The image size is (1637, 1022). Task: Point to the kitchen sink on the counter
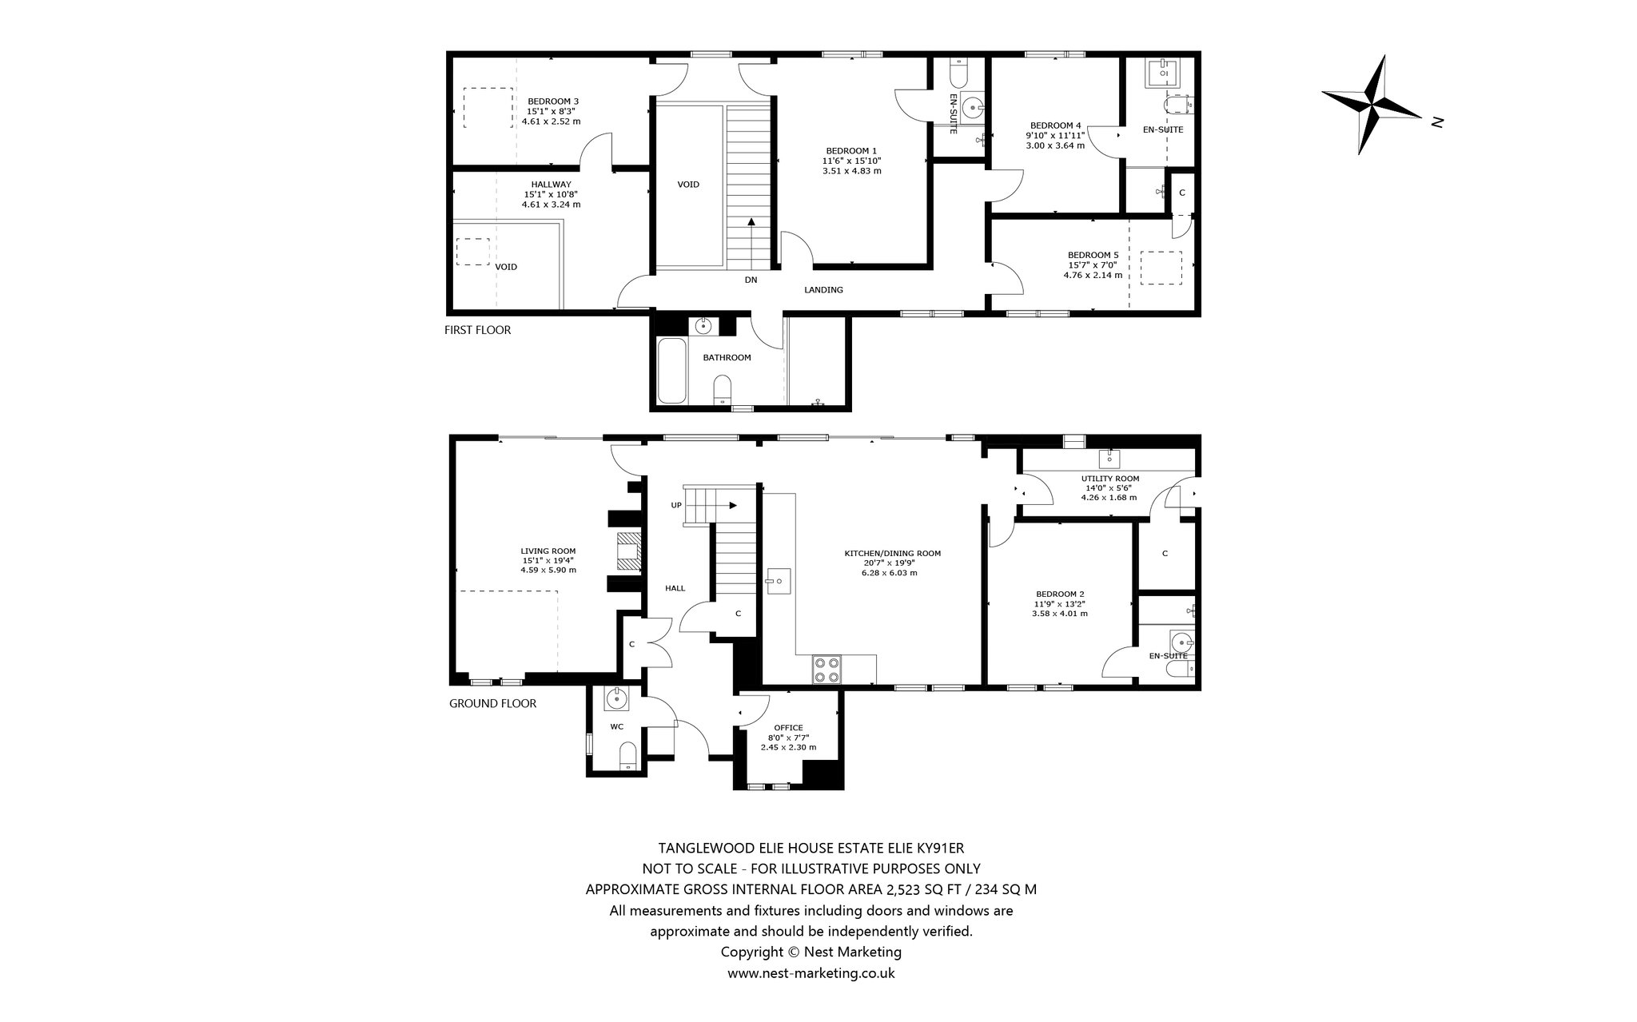click(778, 581)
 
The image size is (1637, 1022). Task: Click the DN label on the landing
click(751, 280)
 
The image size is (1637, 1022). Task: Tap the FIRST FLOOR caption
click(477, 330)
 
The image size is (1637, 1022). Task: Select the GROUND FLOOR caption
click(492, 703)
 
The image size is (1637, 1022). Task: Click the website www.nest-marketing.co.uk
click(811, 973)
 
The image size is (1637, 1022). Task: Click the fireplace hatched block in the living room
click(629, 551)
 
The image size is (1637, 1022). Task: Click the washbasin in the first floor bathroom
click(704, 326)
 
